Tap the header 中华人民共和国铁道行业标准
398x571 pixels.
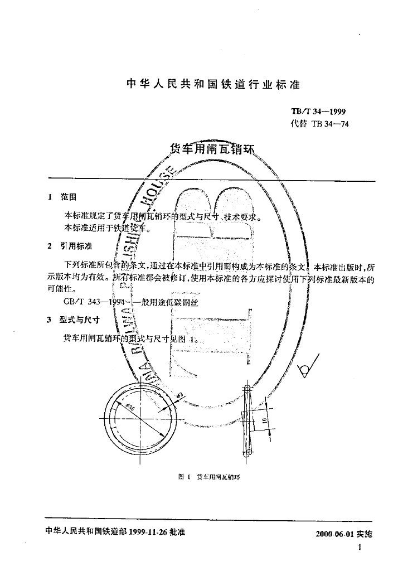[213, 84]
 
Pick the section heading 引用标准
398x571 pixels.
[76, 246]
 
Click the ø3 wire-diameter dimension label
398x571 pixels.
[179, 396]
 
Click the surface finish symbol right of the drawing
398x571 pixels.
[306, 369]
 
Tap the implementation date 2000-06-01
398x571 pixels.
[332, 534]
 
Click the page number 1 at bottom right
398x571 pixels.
[360, 548]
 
